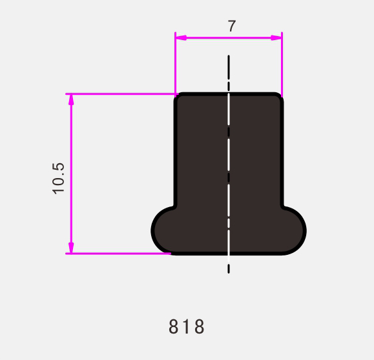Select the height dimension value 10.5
tap(59, 178)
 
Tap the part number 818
tap(187, 327)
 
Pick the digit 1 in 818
tap(187, 327)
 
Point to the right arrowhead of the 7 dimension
tap(276, 37)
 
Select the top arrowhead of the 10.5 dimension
tap(71, 99)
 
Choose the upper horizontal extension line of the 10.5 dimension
tap(123, 94)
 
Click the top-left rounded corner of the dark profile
tap(179, 97)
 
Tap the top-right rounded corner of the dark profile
tap(278, 97)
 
